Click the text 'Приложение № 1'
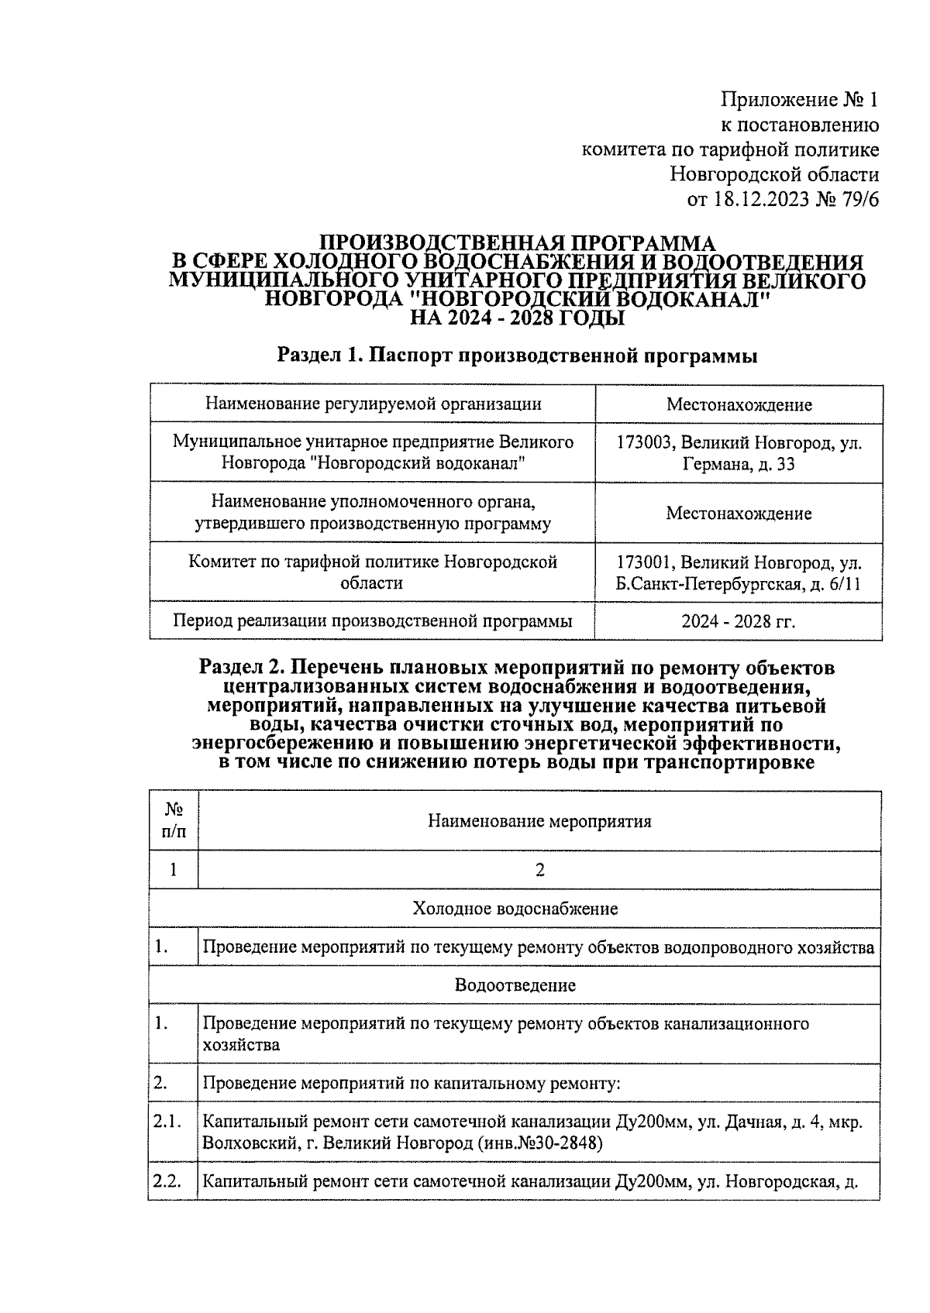[800, 100]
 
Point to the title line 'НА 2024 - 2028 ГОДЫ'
[517, 318]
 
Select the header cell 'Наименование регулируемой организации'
[373, 404]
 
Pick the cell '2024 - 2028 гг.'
[739, 621]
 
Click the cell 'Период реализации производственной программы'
[373, 621]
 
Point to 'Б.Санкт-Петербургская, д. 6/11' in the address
[739, 583]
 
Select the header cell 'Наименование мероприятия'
[539, 821]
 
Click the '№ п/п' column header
[174, 820]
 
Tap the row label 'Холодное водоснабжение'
[515, 908]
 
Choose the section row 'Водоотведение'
[515, 985]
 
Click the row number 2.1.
[167, 1122]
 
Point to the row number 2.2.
[167, 1181]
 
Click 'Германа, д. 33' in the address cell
[739, 464]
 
